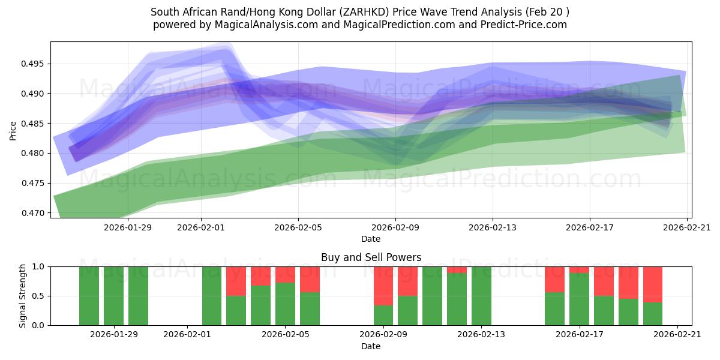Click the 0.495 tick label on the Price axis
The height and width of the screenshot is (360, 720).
[x=35, y=64]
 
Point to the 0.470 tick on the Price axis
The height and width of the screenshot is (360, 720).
[x=35, y=213]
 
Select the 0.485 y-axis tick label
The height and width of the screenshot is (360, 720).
[x=35, y=124]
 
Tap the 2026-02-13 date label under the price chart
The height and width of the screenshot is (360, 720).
[x=493, y=227]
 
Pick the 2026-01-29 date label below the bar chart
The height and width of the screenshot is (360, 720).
[x=113, y=335]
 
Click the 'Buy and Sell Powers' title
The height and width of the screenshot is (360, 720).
[x=371, y=257]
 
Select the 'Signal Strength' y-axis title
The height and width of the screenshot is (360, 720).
[x=22, y=296]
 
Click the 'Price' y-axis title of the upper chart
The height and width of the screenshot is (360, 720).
[x=13, y=130]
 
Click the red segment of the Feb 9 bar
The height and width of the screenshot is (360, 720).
[x=383, y=286]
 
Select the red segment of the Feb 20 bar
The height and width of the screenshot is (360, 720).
[x=653, y=284]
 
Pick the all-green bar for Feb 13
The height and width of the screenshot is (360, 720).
[x=481, y=296]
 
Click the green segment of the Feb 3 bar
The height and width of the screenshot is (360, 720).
[x=236, y=310]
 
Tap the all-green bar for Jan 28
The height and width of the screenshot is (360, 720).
[x=89, y=296]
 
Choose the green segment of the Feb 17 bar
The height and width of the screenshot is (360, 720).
[x=579, y=299]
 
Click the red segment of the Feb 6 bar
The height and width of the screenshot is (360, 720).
[x=310, y=279]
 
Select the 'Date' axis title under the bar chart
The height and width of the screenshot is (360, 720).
[x=371, y=346]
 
